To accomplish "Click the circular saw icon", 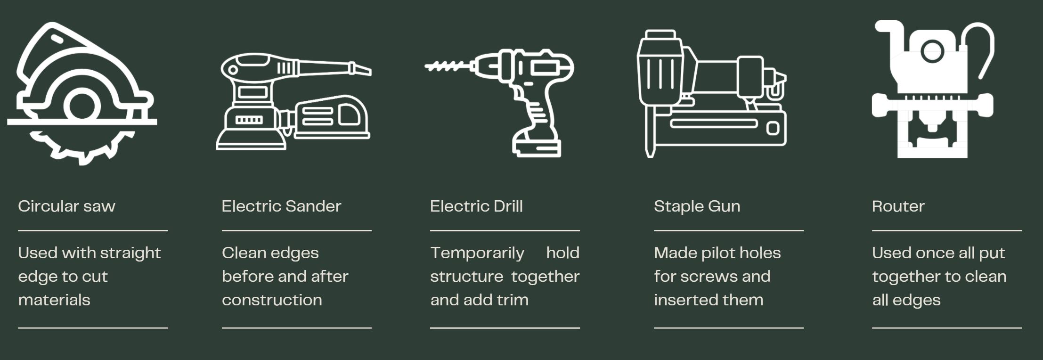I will tap(81, 94).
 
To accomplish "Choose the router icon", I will tap(933, 90).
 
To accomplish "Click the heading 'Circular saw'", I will tap(66, 206).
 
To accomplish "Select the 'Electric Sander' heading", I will tap(281, 206).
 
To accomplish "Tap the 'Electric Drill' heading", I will tap(476, 206).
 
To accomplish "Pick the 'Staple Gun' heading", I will tap(697, 206).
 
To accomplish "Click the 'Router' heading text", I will tap(898, 206).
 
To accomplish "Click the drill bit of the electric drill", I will tap(448, 66).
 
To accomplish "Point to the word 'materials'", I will tap(54, 300).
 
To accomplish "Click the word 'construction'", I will tap(272, 300).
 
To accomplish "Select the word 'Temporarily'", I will tap(477, 254).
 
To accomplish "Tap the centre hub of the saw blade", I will tap(82, 106).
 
